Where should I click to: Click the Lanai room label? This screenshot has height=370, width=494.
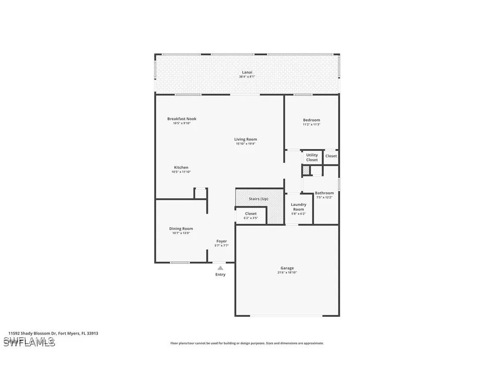247,72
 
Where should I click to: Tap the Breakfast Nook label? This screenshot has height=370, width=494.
181,119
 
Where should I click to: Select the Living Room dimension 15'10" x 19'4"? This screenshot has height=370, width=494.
246,144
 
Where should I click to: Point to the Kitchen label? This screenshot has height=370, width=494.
181,168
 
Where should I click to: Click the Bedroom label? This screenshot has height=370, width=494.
312,120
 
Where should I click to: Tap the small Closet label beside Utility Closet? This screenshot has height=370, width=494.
331,156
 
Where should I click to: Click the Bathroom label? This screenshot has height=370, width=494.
324,193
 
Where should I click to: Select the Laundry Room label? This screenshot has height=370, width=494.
298,207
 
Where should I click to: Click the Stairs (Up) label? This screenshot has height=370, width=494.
258,199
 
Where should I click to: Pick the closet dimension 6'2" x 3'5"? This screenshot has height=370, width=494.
251,218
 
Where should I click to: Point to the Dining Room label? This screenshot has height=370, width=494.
181,229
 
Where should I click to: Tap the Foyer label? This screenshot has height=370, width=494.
222,241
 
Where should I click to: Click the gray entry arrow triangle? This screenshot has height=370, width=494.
220,268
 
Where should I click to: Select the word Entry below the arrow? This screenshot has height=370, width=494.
220,275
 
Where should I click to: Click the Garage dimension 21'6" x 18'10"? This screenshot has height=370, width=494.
287,273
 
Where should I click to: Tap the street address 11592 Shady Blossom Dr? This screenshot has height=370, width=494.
53,333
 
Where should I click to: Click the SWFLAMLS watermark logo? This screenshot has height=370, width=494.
30,342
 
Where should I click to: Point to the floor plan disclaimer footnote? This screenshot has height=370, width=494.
247,344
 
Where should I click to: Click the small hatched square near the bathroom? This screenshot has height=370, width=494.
306,170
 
